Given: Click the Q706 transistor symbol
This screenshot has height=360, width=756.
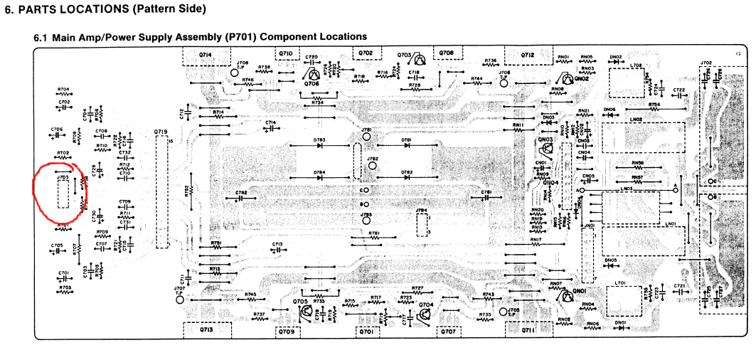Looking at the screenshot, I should (312, 74).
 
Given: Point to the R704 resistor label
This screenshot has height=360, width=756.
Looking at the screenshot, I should (63, 90).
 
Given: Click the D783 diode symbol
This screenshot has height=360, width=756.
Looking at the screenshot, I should (319, 146).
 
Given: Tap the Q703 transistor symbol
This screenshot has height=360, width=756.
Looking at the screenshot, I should (420, 61).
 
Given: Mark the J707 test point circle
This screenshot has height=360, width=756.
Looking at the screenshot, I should (179, 300).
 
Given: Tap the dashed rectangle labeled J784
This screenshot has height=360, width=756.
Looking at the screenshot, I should (422, 225).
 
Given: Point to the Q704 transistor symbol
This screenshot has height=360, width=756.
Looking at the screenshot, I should (425, 313).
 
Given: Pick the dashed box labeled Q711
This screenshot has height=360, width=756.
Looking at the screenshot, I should (527, 329).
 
